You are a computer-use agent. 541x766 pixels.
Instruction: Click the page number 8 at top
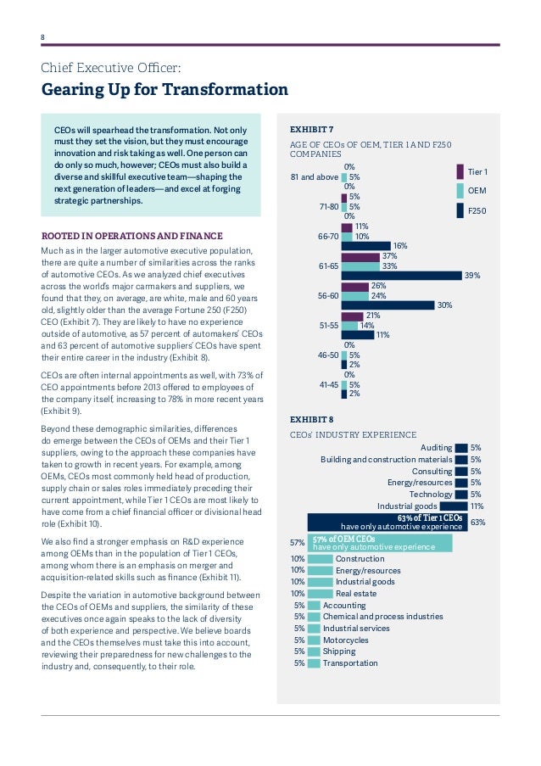[x=42, y=37]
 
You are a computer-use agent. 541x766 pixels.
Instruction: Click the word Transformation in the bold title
[x=225, y=89]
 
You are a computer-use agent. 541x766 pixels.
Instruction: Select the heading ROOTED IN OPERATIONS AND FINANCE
[x=131, y=236]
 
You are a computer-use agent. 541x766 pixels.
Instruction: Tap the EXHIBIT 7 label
[x=311, y=130]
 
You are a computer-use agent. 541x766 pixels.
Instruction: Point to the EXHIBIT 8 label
[x=311, y=420]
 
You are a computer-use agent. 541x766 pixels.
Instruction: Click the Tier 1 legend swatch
[x=460, y=172]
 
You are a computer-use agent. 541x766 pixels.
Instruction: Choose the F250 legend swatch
[x=460, y=210]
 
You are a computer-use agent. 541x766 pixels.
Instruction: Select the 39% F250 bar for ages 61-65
[x=401, y=276]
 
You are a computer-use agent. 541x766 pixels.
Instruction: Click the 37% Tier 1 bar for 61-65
[x=360, y=256]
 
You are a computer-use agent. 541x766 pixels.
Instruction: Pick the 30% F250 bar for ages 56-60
[x=388, y=305]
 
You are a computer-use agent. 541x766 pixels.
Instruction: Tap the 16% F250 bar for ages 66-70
[x=365, y=246]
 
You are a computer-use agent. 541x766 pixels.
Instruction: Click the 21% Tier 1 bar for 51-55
[x=352, y=316]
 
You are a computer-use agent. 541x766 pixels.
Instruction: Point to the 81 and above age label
[x=315, y=176]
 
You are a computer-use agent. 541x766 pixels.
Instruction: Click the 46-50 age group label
[x=328, y=355]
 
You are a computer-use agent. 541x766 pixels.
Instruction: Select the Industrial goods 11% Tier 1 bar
[x=454, y=506]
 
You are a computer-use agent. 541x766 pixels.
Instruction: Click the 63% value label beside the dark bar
[x=477, y=523]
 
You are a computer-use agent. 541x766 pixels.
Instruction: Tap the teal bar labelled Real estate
[x=320, y=594]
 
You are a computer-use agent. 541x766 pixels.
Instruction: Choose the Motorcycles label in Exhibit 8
[x=346, y=640]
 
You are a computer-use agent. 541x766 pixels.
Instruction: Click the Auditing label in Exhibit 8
[x=436, y=448]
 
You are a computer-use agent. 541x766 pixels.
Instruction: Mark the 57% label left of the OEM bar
[x=297, y=543]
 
